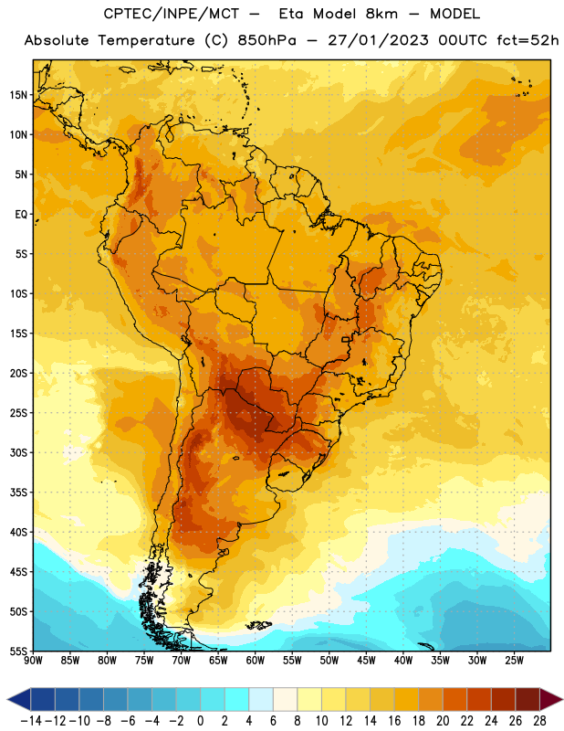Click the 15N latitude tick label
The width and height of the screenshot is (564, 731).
[18, 95]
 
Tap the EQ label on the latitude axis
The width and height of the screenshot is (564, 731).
[21, 215]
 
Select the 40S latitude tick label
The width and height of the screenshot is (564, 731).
[18, 533]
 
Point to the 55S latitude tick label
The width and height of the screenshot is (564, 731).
[18, 652]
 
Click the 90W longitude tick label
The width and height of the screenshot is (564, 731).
[33, 661]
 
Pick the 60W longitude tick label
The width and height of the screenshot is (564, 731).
[256, 661]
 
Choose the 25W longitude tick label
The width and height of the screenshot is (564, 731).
[514, 661]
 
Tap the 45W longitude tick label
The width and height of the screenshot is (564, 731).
[367, 661]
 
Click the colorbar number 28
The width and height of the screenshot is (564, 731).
[539, 721]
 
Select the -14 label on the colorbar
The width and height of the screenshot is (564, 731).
[31, 721]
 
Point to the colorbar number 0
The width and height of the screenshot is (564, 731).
[200, 721]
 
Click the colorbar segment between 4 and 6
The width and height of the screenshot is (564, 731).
[261, 699]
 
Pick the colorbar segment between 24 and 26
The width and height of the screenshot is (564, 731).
[503, 699]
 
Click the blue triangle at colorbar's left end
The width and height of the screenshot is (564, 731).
[19, 699]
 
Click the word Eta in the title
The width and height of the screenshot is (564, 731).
[291, 14]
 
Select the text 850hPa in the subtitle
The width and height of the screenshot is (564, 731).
[266, 40]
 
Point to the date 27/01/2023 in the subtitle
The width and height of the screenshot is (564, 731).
[378, 40]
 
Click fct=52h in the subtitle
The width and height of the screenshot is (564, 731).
[528, 40]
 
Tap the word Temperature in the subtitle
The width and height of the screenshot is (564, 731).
[146, 41]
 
